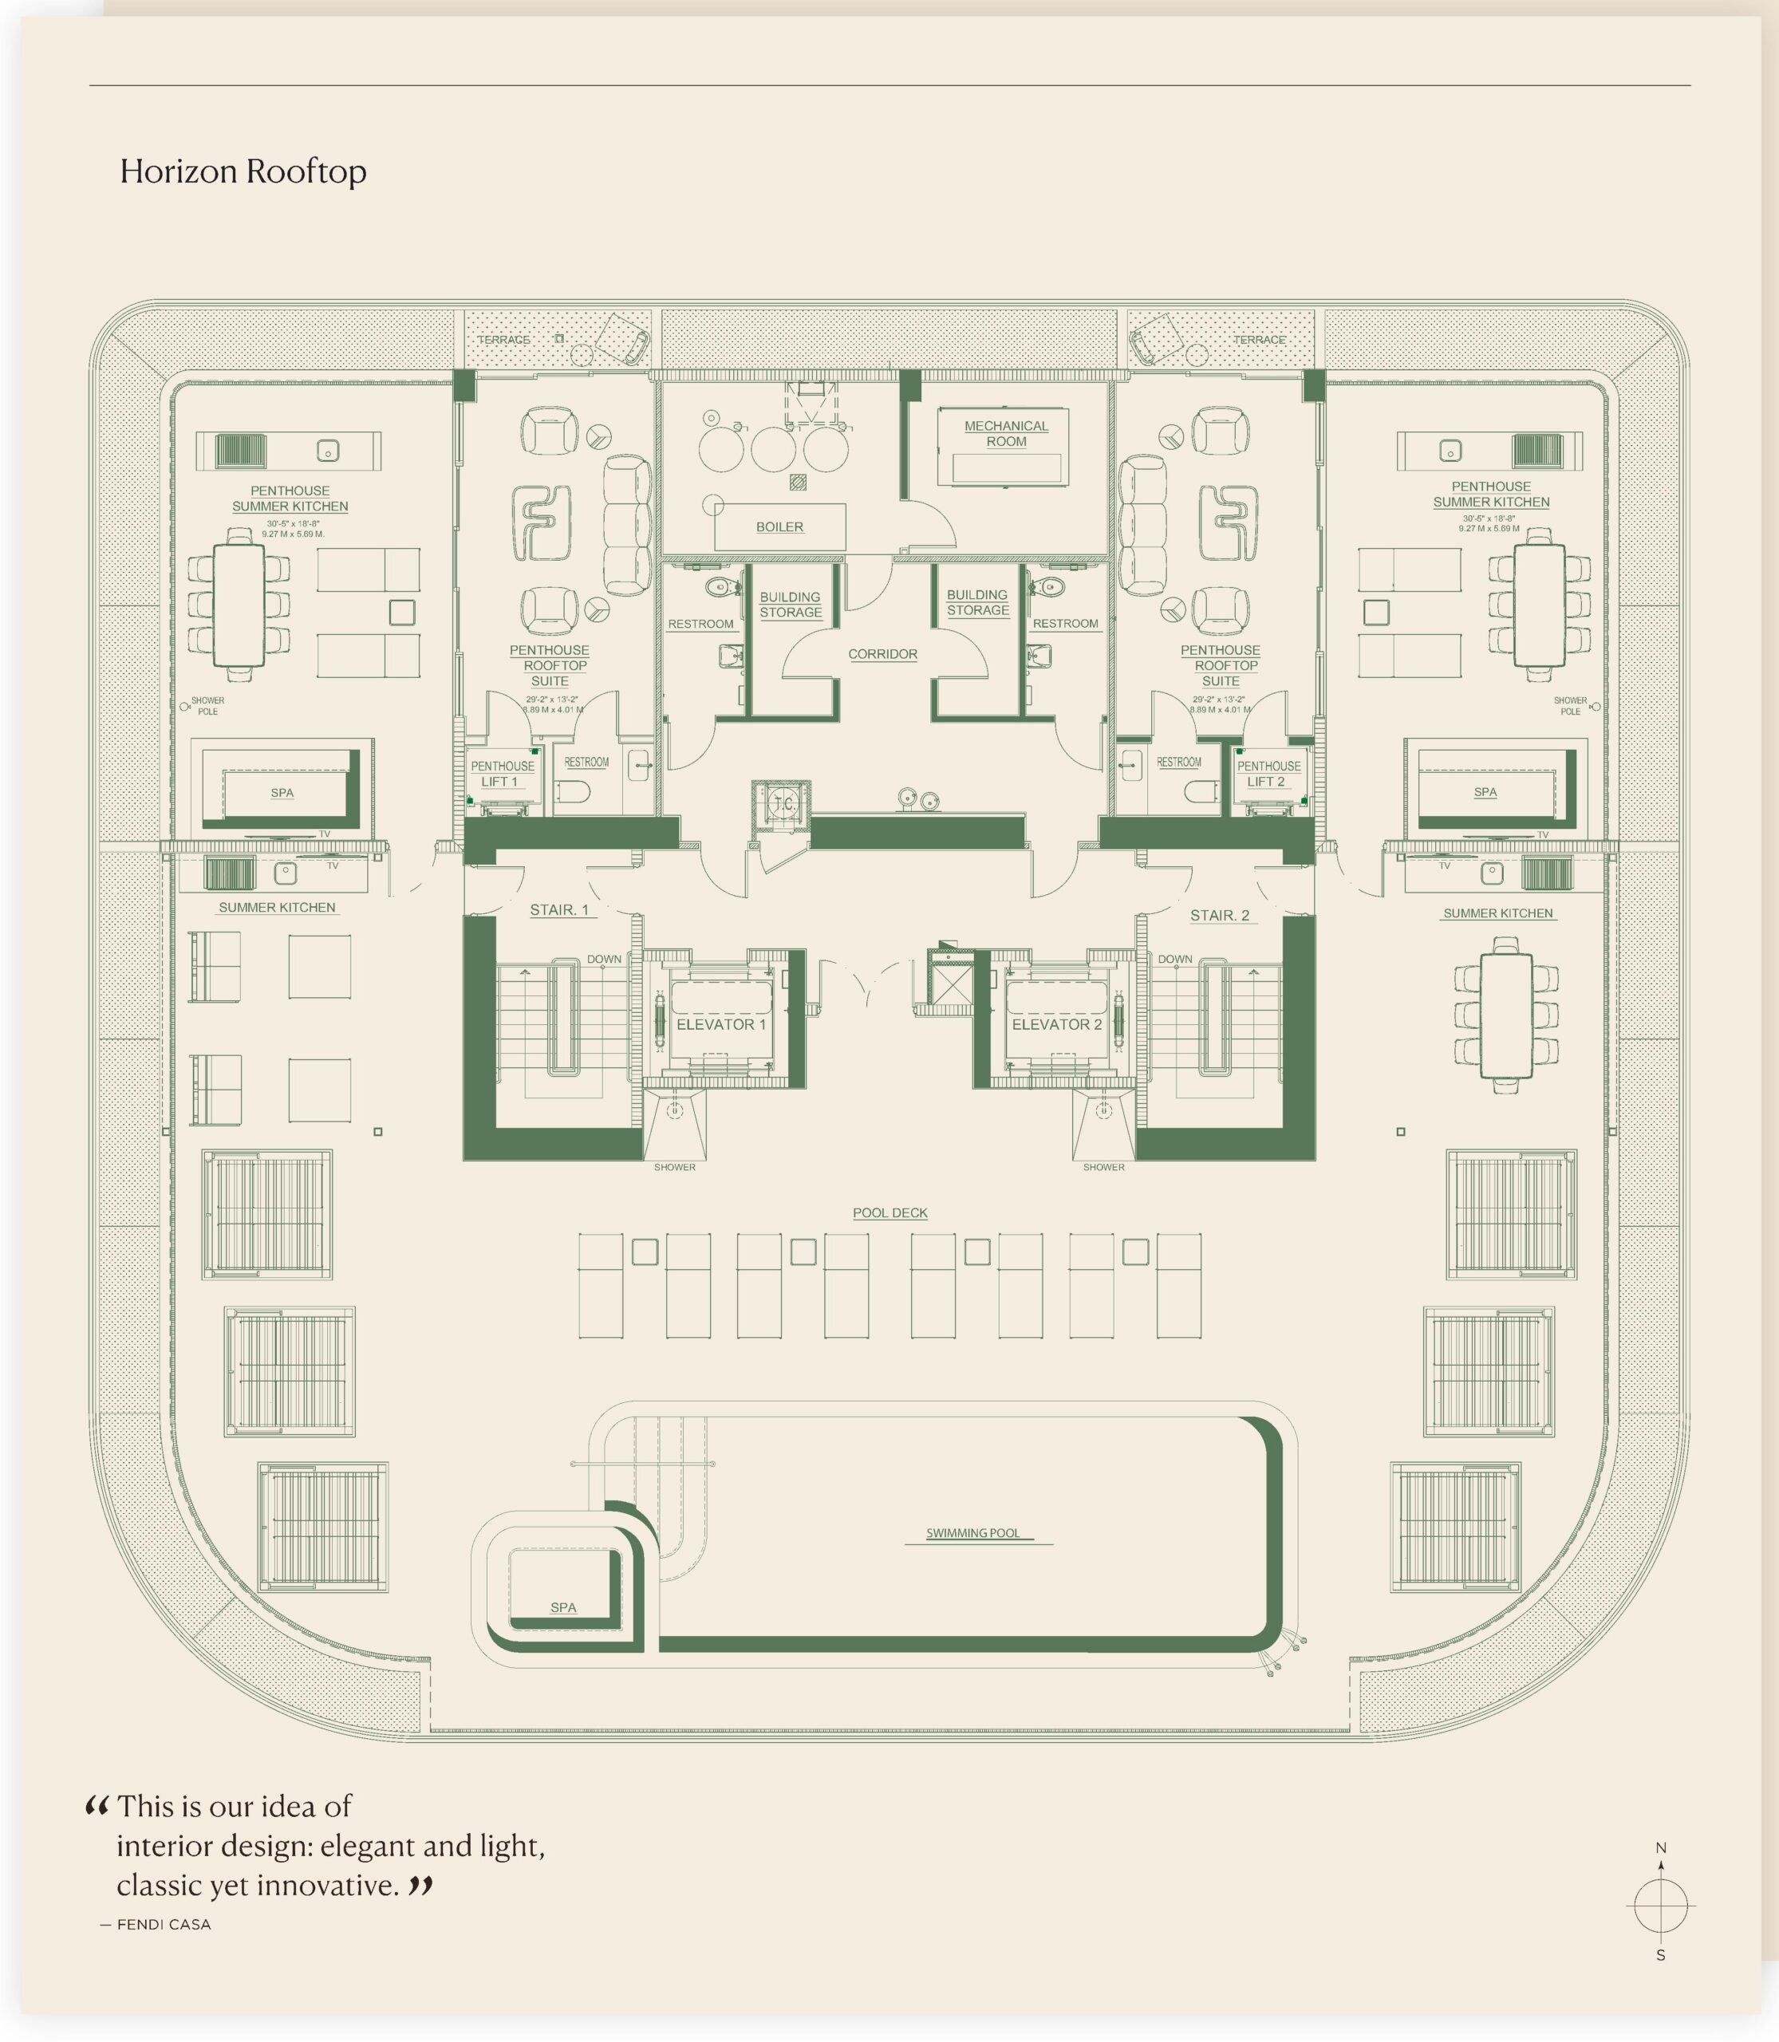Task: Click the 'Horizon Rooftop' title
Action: point(243,171)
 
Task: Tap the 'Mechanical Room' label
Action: point(1006,434)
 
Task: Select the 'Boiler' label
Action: point(779,527)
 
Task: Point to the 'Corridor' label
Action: point(882,654)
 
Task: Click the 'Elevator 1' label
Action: point(720,1024)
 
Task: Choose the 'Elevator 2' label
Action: point(1056,1024)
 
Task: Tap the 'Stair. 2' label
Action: point(1219,915)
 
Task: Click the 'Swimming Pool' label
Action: point(973,1533)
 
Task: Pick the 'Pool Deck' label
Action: point(889,1213)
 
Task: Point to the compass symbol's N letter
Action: point(1661,1848)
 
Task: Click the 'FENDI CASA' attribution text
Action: point(164,1924)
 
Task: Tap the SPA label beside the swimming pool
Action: point(563,1607)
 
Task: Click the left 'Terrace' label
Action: point(503,340)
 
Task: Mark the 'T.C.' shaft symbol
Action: point(783,804)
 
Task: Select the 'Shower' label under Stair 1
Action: point(674,1168)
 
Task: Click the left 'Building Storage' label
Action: point(791,605)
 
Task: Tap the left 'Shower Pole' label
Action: point(207,706)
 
